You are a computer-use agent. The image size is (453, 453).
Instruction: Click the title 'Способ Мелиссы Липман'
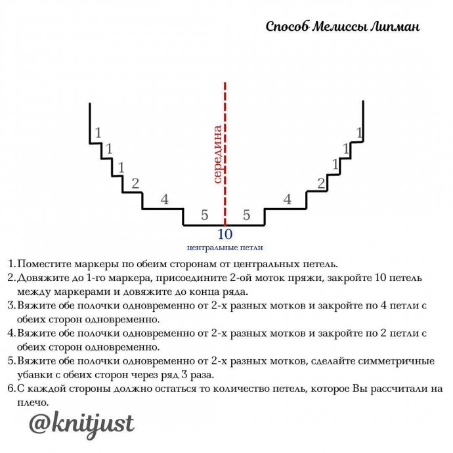coord(343,27)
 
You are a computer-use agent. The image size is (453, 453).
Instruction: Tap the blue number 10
coord(225,234)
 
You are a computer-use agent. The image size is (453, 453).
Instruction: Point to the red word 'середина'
coord(217,154)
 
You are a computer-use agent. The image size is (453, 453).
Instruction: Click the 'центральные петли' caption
coord(225,248)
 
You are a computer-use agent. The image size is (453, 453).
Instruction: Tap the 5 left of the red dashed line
coord(204,215)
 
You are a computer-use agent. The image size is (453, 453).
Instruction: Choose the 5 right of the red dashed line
coord(246,215)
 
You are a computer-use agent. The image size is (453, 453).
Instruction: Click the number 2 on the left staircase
coord(135,183)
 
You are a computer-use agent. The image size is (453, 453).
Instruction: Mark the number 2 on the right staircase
coord(321,183)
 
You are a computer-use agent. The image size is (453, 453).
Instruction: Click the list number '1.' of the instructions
coord(11,265)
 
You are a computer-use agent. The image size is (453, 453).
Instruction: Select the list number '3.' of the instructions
coord(11,305)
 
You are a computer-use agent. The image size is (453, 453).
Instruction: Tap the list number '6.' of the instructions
coord(11,388)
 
